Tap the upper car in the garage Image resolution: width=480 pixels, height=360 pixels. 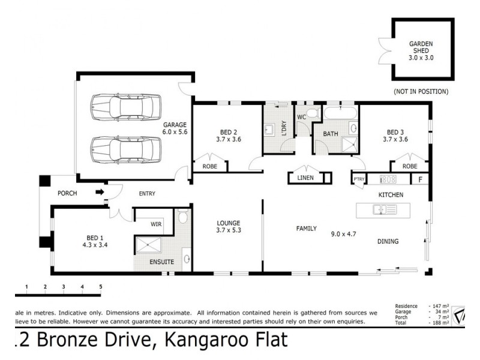click(x=125, y=107)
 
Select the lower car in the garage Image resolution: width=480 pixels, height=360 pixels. click(x=125, y=149)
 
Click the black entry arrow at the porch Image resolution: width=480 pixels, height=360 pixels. click(x=100, y=193)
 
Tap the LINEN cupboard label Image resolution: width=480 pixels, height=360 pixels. click(x=305, y=178)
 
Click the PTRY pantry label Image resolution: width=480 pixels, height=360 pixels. click(x=359, y=179)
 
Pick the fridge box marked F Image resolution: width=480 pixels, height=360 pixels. click(x=419, y=179)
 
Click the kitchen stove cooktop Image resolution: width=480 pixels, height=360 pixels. click(x=388, y=179)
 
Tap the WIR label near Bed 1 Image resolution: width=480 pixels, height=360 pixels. click(x=156, y=224)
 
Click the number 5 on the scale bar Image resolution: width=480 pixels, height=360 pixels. click(x=100, y=287)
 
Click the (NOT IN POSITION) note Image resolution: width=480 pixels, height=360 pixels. click(x=421, y=91)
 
